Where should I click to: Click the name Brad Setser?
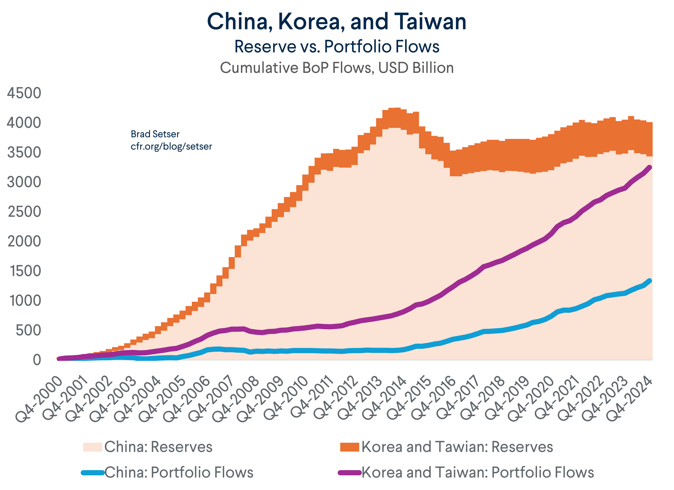coord(155,134)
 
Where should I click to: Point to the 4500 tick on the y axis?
coord(24,93)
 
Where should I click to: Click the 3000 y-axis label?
coord(24,182)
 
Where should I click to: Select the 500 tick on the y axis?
coord(28,330)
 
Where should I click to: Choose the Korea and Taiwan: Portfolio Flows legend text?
coord(478,473)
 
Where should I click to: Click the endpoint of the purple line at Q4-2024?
coord(649,168)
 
